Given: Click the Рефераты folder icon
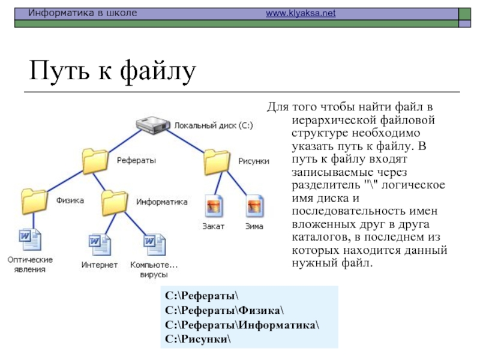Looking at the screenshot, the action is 97,161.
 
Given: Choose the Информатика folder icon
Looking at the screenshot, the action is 115,202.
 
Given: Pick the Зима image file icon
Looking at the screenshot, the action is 255,207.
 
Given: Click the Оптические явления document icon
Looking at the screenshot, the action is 30,240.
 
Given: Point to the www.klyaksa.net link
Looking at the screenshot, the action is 301,13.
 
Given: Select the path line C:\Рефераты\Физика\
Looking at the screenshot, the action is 224,310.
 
